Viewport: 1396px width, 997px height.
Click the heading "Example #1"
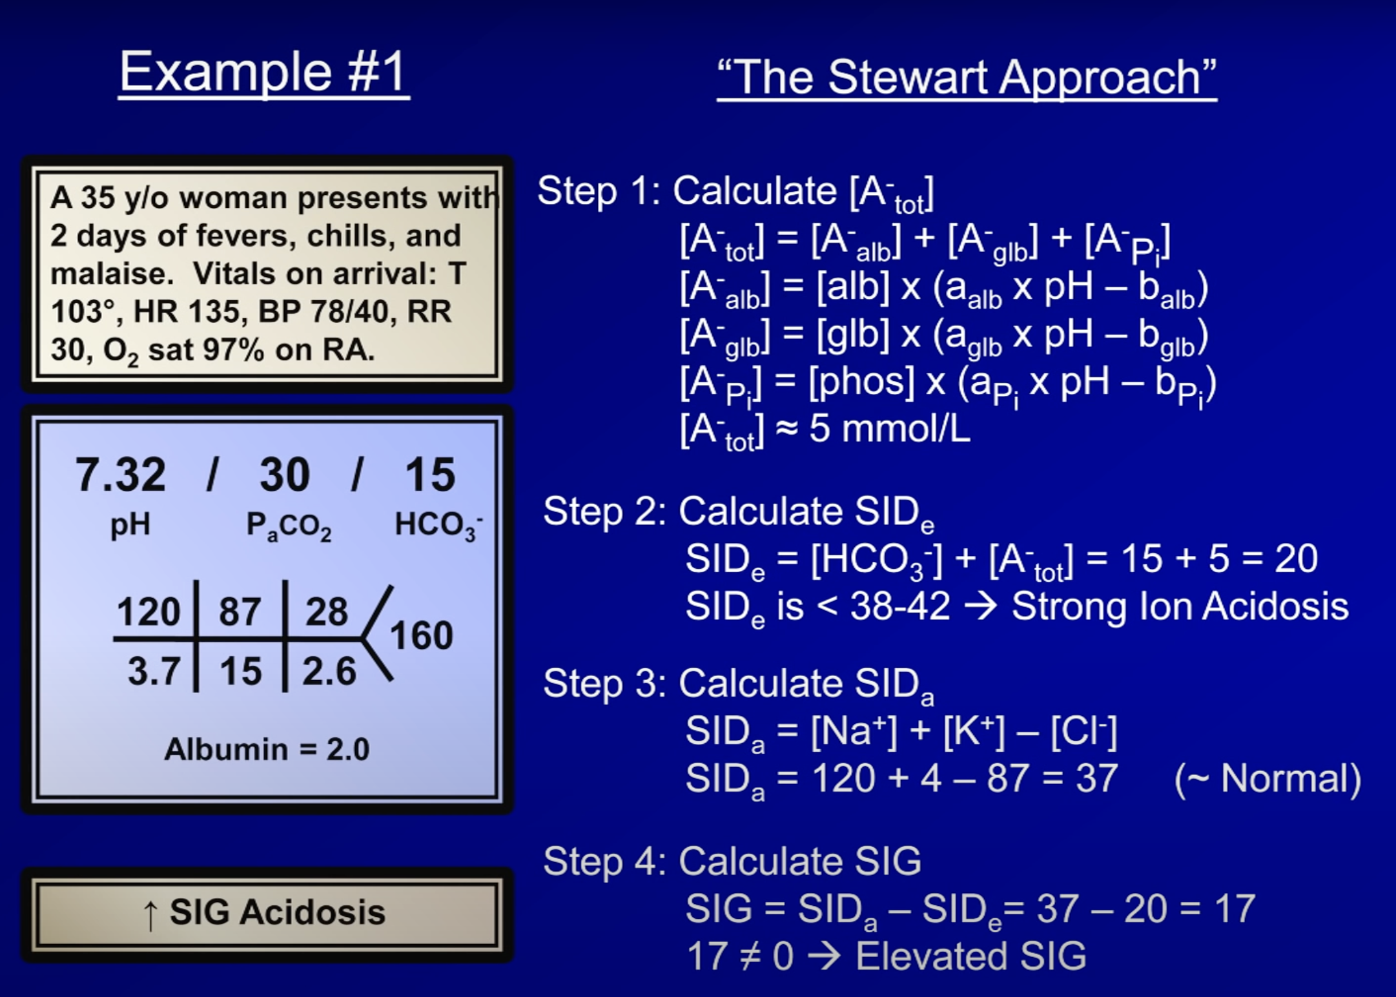click(263, 73)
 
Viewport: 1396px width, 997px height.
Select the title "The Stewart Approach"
click(967, 77)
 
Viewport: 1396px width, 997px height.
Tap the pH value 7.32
click(121, 475)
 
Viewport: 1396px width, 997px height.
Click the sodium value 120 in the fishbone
click(148, 611)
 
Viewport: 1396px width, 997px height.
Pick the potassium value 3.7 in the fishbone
click(154, 671)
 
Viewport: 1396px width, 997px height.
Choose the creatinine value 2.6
click(329, 671)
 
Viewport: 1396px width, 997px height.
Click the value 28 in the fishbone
click(326, 611)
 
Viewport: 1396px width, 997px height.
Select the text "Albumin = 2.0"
click(267, 750)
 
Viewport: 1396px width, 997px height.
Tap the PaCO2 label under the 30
click(289, 526)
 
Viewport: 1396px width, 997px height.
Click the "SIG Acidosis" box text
click(278, 912)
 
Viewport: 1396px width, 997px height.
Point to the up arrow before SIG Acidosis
click(150, 915)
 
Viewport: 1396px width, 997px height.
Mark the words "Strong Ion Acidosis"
click(1180, 606)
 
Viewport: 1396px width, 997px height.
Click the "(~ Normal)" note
click(1268, 778)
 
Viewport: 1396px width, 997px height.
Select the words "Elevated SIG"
click(970, 956)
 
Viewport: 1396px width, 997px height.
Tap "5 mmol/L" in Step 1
click(889, 429)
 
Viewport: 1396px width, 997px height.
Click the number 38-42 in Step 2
click(899, 606)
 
